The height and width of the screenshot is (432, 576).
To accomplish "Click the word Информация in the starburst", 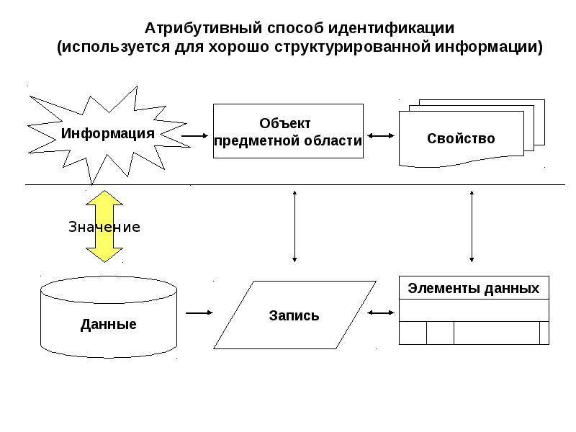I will point(108,133).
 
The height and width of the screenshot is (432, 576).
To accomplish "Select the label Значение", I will point(104,227).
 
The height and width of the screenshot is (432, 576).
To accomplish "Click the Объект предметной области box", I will point(288,131).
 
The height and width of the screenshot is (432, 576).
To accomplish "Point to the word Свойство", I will point(461,138).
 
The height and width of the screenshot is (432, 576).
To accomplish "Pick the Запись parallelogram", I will point(294,315).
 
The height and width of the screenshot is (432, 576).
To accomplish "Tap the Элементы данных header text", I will point(473,288).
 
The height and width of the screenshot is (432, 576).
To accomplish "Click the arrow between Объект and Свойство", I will point(379,135).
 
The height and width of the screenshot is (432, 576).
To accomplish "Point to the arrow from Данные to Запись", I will point(199,312).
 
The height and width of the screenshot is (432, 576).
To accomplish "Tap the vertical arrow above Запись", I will point(294,225).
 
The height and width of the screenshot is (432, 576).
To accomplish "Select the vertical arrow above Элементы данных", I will point(472,225).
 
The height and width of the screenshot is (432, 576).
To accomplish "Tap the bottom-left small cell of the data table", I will point(413,333).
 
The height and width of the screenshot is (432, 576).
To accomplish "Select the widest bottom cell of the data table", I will point(497,333).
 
